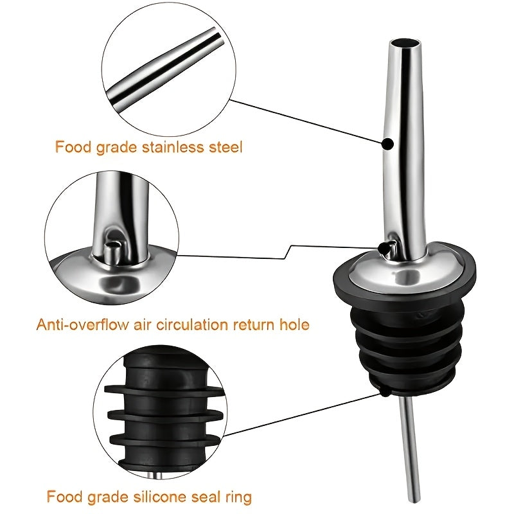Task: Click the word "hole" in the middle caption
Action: coord(293,324)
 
